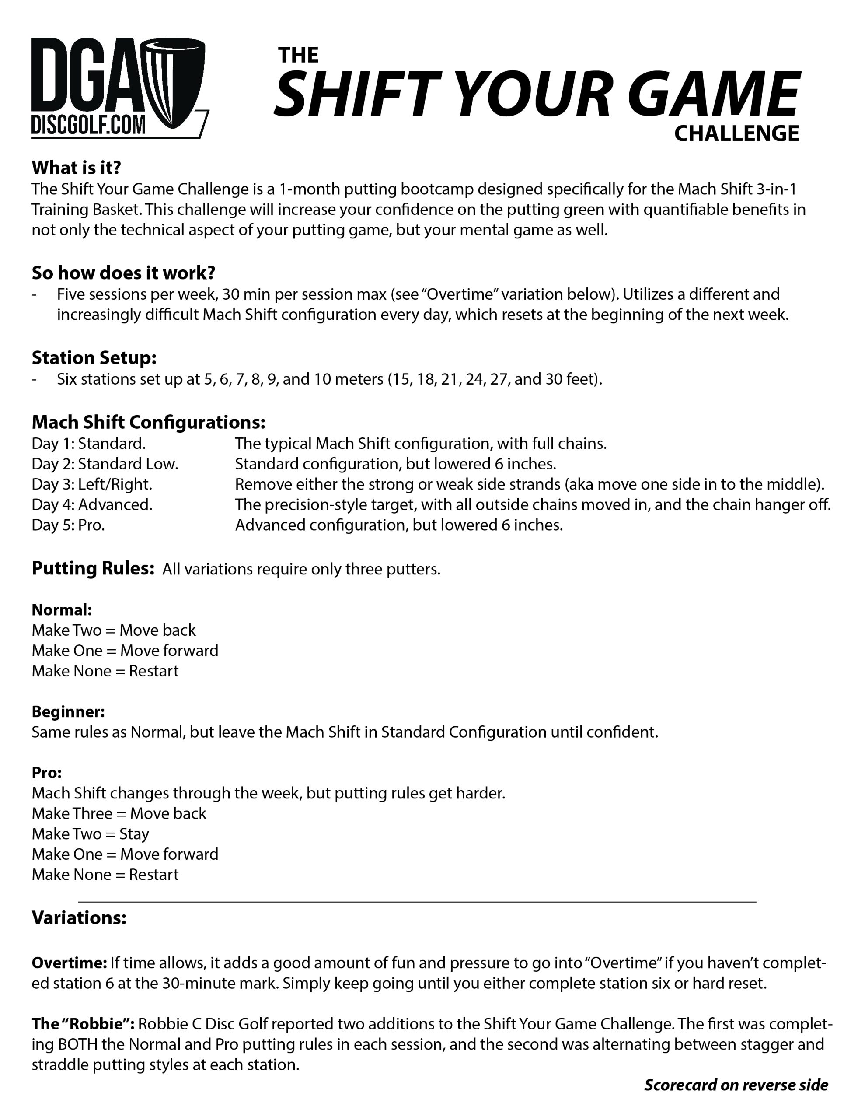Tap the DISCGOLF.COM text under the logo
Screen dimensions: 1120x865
coord(88,125)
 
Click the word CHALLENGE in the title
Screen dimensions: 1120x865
coord(736,134)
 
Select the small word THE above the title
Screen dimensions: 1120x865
coord(298,55)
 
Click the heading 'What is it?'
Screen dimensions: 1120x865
coord(77,167)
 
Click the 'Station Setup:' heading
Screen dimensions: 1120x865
coord(94,357)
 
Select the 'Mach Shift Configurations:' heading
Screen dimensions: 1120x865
coord(149,422)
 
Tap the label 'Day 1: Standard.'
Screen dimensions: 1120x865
coord(89,444)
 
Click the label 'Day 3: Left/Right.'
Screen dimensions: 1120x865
coord(92,484)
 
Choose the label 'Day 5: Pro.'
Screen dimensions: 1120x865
coord(68,525)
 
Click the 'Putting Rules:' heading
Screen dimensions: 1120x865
coord(93,568)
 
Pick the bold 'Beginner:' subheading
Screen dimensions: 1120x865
coord(68,711)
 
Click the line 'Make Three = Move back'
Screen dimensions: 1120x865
coord(119,813)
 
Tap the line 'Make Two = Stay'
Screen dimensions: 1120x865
coord(90,834)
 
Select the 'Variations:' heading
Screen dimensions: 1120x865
coord(79,917)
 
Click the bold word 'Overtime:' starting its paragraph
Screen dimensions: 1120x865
coord(69,963)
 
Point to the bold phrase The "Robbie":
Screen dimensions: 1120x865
coord(83,1024)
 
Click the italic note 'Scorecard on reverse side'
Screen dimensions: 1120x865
coord(736,1085)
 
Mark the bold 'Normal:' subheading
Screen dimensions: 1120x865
coord(62,610)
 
